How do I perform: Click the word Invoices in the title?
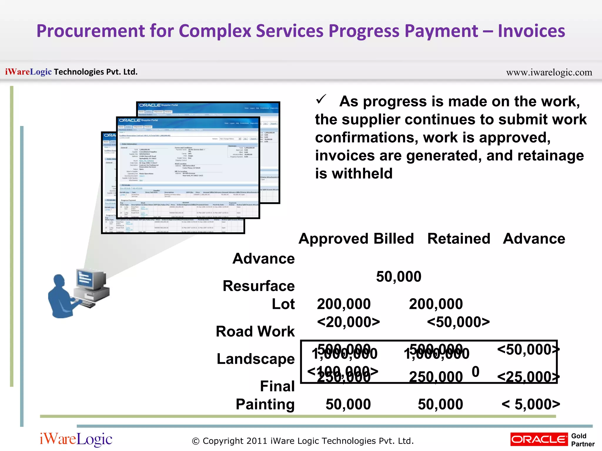coord(531,31)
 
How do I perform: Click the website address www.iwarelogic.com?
coord(549,72)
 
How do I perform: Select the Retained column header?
coord(459,238)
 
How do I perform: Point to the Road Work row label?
coord(255,331)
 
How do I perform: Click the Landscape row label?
coord(255,359)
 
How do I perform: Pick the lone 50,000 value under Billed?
coord(399,277)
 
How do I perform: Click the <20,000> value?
coord(348,322)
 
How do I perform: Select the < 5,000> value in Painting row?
coord(531,404)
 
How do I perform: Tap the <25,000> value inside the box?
coord(528,377)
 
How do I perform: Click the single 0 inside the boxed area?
coord(476,372)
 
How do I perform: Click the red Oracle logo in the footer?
coord(539,439)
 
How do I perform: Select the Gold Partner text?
coord(582,440)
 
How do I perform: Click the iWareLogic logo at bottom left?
coord(76,440)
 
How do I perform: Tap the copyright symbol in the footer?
coord(195,441)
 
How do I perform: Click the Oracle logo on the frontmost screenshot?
coord(130,120)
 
